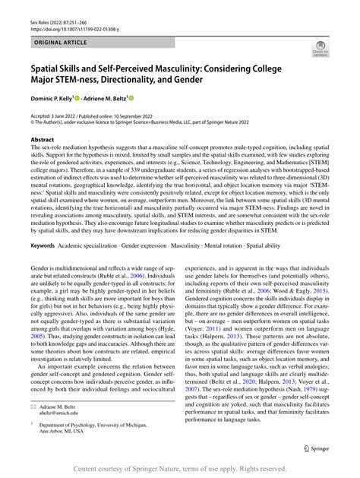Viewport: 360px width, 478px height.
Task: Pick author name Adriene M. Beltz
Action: click(x=130, y=99)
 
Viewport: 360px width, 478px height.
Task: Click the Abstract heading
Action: click(x=42, y=140)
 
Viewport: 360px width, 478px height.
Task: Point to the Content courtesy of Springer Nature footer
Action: click(x=180, y=470)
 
